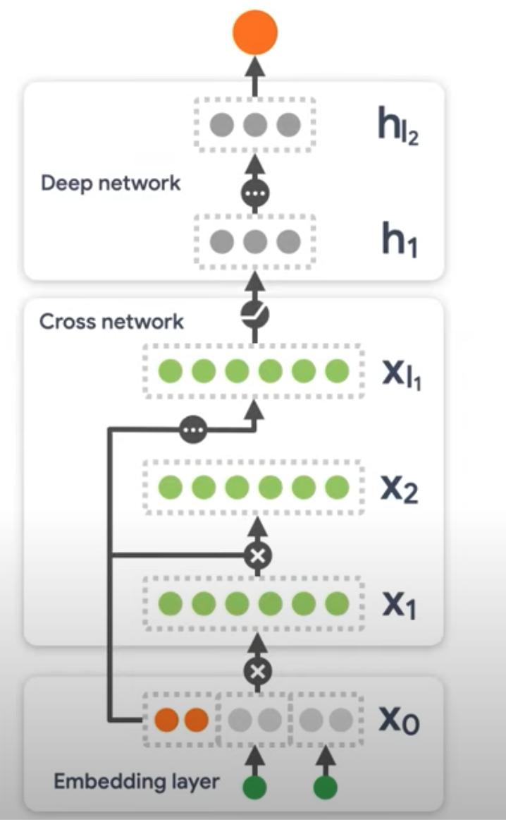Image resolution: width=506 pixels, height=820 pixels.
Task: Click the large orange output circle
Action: point(254,31)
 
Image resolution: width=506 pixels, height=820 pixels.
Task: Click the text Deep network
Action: point(111,183)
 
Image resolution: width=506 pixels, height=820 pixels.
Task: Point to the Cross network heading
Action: point(111,322)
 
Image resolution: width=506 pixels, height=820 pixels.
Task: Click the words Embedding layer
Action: point(137,781)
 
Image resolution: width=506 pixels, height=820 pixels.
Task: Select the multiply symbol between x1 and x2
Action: point(257,556)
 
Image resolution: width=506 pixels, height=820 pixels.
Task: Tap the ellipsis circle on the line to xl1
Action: point(192,429)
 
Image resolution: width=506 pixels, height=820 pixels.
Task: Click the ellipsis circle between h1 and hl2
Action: point(255,193)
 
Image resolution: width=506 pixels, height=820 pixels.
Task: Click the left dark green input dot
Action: point(255,788)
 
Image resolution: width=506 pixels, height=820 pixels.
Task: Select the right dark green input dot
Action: point(325,788)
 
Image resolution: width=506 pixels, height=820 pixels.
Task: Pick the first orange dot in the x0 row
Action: point(167,720)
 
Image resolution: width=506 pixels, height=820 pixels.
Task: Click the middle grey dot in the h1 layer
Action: point(255,241)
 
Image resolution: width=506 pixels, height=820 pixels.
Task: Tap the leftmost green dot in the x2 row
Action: point(169,487)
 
